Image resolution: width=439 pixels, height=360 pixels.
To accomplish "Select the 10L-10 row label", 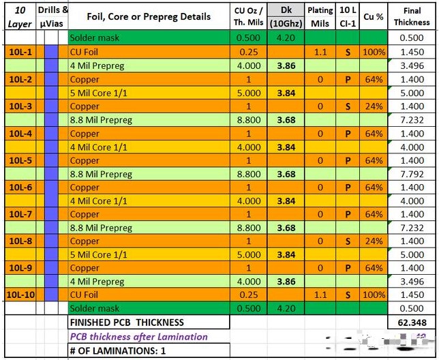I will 21,295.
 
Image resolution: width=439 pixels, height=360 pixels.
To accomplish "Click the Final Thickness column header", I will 412,16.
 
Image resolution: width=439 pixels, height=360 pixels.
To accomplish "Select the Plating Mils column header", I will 320,16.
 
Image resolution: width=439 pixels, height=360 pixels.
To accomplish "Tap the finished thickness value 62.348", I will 412,322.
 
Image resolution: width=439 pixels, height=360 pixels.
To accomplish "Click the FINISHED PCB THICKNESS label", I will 127,322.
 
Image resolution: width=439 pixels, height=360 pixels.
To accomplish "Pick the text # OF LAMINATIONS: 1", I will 116,350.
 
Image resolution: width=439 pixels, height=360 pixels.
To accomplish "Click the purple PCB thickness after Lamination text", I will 138,336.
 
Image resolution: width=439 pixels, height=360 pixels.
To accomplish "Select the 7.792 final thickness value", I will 412,174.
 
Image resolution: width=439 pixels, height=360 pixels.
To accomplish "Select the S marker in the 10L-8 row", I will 348,241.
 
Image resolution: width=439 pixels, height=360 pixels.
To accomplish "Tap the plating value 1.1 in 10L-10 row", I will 320,295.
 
